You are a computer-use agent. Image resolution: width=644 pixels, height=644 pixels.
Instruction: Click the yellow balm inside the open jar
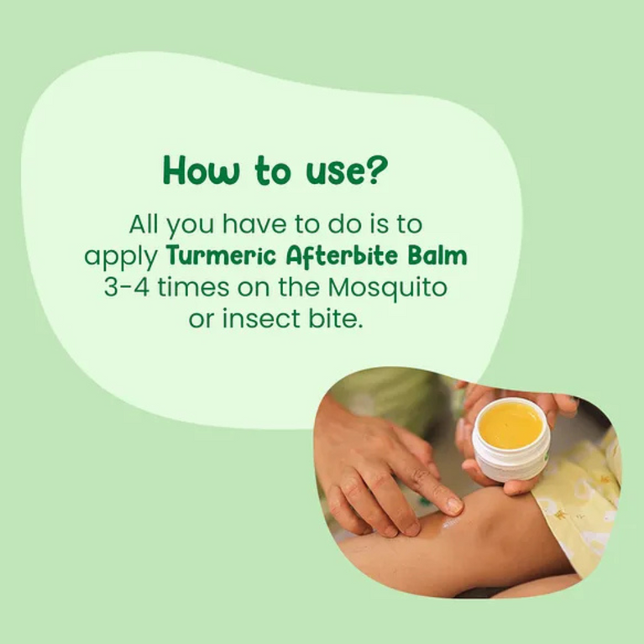(x=511, y=424)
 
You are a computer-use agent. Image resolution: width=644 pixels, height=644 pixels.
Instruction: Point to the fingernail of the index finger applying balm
(x=453, y=505)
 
